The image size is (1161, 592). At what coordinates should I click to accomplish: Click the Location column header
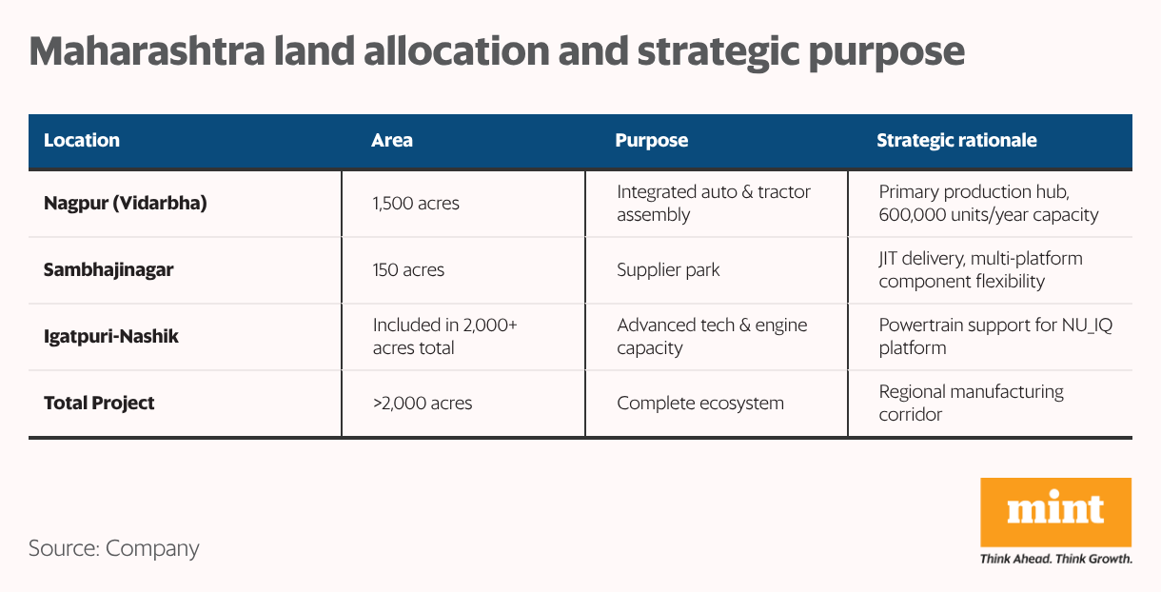tap(82, 140)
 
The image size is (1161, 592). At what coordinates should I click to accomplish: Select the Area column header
tap(392, 140)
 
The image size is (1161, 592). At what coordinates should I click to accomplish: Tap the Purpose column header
tap(651, 140)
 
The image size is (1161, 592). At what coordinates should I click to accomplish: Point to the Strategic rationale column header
tap(956, 140)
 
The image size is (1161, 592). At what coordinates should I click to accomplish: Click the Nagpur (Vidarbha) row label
tap(126, 203)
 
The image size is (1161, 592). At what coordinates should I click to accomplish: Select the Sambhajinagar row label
tap(108, 269)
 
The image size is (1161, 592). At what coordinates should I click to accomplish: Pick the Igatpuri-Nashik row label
tap(111, 336)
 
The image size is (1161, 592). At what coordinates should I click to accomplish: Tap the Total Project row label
tap(99, 403)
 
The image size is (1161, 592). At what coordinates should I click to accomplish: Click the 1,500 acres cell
tap(416, 203)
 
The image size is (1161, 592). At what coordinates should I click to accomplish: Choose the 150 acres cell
tap(408, 269)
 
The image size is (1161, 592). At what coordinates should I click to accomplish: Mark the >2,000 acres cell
tap(422, 403)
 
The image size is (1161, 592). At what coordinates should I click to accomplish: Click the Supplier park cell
tap(668, 269)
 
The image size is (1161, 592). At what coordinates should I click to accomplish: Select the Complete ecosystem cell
tap(700, 403)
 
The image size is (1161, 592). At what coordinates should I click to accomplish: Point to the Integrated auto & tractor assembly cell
tap(714, 203)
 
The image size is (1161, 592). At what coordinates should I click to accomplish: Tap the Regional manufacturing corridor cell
tap(971, 403)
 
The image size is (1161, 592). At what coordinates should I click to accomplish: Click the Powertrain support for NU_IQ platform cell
tap(995, 336)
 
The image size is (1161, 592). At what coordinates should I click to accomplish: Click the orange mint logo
tap(1055, 512)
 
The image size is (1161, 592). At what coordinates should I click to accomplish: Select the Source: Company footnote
tap(114, 548)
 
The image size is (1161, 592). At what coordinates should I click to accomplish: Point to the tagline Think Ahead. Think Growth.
tap(1055, 559)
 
